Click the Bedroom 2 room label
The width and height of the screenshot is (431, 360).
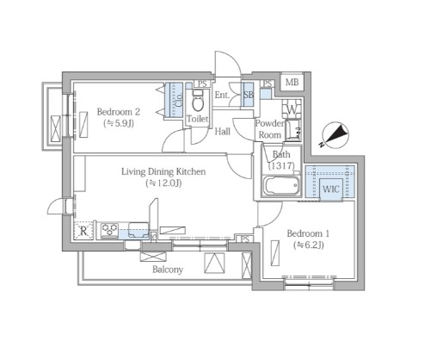(119, 112)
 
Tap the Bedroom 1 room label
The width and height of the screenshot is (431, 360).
(308, 233)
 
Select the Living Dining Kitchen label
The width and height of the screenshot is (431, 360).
(163, 171)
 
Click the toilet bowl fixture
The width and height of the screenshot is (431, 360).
(197, 101)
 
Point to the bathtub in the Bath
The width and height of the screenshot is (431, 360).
(281, 186)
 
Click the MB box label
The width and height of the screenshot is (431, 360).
(292, 83)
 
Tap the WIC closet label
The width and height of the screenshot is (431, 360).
(331, 189)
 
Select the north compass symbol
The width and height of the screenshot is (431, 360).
(335, 135)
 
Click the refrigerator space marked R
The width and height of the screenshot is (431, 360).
(83, 231)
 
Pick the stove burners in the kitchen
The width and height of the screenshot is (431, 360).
(109, 230)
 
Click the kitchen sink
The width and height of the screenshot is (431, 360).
(139, 230)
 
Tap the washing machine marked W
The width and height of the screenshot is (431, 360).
(292, 109)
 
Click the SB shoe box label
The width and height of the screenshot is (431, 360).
(249, 95)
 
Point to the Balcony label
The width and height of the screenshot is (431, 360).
(168, 270)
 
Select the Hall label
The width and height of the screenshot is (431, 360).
(223, 132)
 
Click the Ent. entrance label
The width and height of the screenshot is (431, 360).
(222, 95)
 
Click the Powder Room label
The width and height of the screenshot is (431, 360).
(269, 129)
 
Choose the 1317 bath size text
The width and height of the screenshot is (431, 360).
(281, 165)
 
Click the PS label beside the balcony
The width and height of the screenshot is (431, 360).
(245, 239)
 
